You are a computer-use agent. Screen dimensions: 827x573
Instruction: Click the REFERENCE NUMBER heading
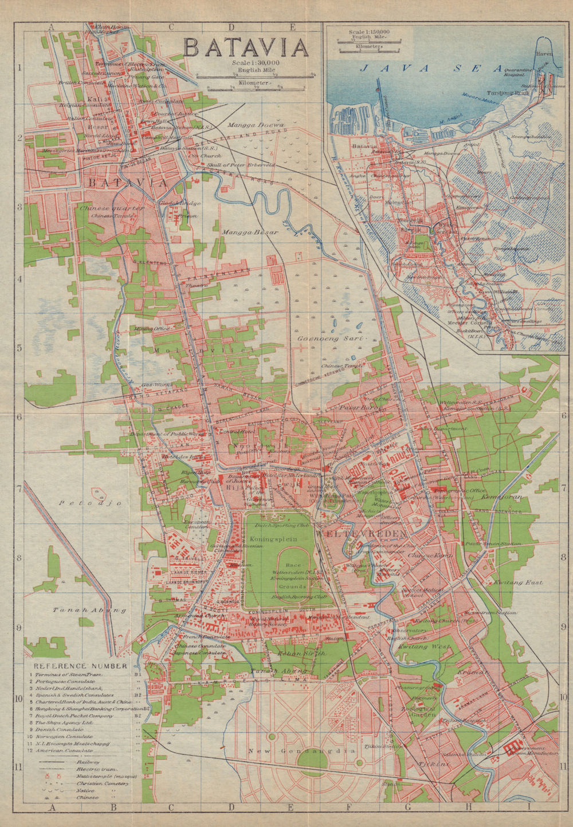[x=80, y=666]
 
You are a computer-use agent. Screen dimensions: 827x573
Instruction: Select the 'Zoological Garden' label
[x=421, y=712]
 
